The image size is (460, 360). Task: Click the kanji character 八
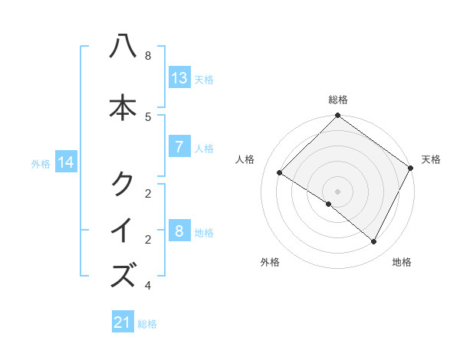click(123, 47)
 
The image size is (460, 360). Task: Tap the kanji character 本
click(123, 108)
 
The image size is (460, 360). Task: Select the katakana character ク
click(123, 184)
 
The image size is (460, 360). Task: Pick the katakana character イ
click(123, 231)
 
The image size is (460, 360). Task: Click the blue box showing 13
click(179, 78)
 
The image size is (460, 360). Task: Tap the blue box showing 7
click(179, 147)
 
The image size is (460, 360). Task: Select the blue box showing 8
click(179, 231)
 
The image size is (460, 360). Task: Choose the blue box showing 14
click(67, 162)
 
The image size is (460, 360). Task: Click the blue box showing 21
click(123, 323)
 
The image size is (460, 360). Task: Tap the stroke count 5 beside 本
click(148, 116)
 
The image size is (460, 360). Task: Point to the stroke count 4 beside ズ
click(148, 286)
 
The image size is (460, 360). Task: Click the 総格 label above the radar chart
click(338, 100)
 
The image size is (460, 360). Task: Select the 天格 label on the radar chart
click(431, 159)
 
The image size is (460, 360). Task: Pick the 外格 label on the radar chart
click(270, 263)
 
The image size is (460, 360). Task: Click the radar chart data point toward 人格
click(280, 173)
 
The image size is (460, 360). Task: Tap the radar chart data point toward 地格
click(374, 241)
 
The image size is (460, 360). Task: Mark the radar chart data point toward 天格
click(411, 168)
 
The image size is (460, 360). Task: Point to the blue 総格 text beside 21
click(147, 324)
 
